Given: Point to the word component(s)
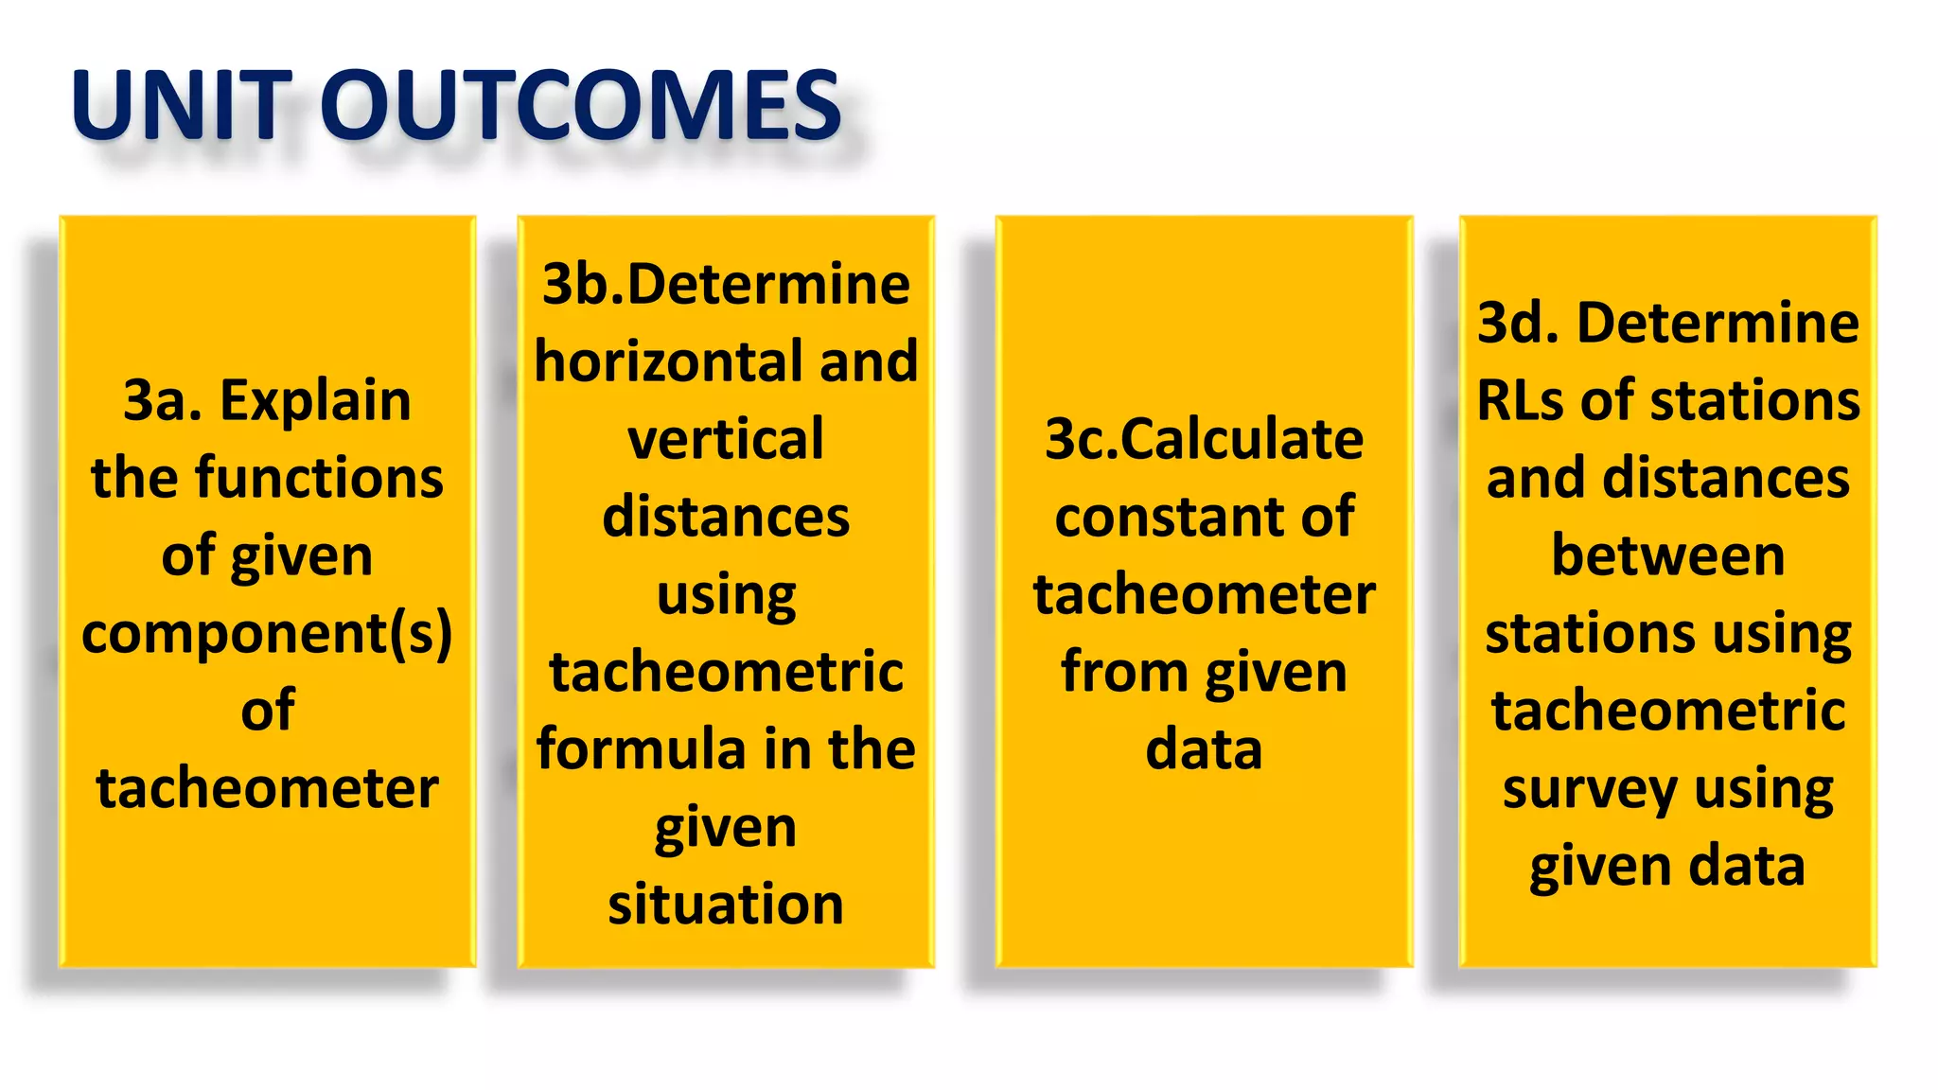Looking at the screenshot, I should (267, 634).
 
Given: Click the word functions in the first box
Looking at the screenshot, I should (319, 478).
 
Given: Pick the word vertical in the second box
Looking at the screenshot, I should (726, 440).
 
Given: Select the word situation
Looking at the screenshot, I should (726, 905).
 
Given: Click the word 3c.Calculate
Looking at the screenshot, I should (1204, 440).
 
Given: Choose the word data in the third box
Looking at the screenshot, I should (1204, 750).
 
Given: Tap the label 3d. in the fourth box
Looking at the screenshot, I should (1518, 323).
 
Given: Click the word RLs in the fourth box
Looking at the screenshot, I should (1521, 400).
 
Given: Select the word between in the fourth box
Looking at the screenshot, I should (1668, 555).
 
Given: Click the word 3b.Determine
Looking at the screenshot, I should (726, 284).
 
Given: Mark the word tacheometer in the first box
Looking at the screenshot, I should (267, 789).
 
